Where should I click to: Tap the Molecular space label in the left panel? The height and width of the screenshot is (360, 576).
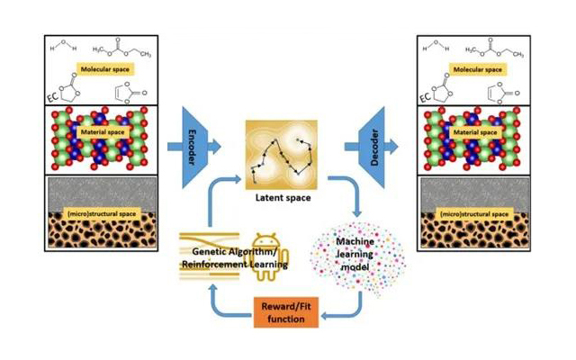[103, 68]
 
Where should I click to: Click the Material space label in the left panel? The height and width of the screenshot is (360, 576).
[102, 132]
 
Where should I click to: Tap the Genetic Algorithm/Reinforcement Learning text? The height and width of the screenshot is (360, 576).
[236, 258]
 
